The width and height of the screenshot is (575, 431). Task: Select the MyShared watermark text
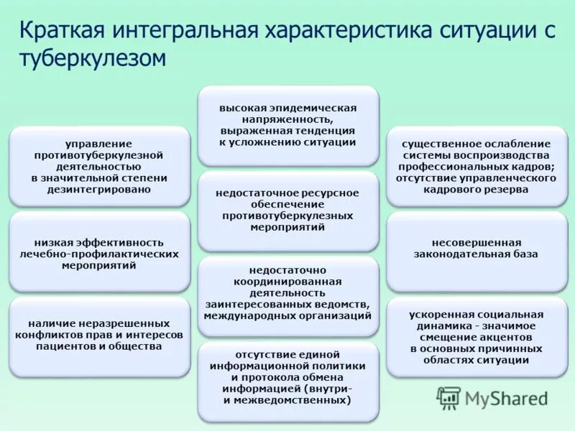506,399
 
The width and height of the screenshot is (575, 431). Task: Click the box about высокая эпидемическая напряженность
287,125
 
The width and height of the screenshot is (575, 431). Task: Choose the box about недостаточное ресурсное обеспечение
287,210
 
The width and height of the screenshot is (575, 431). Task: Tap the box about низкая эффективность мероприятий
99,254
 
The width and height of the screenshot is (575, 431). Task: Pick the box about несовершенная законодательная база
475,248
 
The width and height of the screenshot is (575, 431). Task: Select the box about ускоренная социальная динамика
475,337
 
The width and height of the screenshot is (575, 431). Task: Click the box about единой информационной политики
287,377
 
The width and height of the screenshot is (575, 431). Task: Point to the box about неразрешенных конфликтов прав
99,335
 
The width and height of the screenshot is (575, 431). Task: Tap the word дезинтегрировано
99,189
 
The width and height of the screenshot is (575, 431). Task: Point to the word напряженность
287,119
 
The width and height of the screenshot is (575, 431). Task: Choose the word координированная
287,281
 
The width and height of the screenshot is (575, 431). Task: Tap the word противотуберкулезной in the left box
99,154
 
